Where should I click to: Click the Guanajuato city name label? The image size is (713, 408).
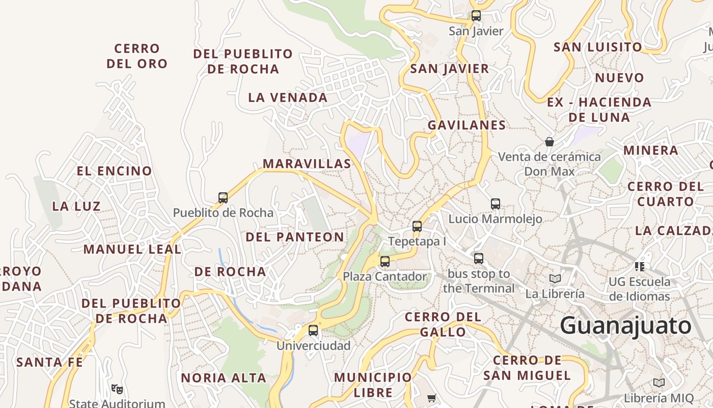click(626, 325)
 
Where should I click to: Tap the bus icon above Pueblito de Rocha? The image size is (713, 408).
click(223, 198)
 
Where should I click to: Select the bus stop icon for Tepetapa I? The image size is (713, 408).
click(417, 226)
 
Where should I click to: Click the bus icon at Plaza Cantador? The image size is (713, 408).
click(385, 262)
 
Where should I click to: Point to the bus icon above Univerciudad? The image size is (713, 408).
click(313, 330)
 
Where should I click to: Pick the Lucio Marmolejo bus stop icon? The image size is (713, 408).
click(496, 204)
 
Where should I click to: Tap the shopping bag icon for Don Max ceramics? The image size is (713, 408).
click(550, 141)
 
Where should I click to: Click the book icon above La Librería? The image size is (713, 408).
click(555, 279)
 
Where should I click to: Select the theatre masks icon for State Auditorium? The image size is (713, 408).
click(117, 389)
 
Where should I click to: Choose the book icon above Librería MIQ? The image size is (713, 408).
click(659, 382)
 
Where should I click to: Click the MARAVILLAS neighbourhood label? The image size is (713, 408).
click(307, 164)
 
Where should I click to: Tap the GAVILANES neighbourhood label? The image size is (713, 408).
click(467, 125)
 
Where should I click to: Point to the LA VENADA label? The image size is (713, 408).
click(288, 97)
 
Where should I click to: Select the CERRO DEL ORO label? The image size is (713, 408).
click(137, 56)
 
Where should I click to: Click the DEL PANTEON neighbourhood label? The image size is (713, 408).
click(295, 237)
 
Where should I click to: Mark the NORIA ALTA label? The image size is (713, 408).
click(224, 378)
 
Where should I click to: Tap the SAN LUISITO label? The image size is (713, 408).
click(598, 47)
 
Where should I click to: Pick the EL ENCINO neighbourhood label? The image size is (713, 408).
click(115, 171)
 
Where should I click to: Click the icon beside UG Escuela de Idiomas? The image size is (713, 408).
click(640, 266)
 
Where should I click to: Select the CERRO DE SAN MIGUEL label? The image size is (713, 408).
click(527, 368)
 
